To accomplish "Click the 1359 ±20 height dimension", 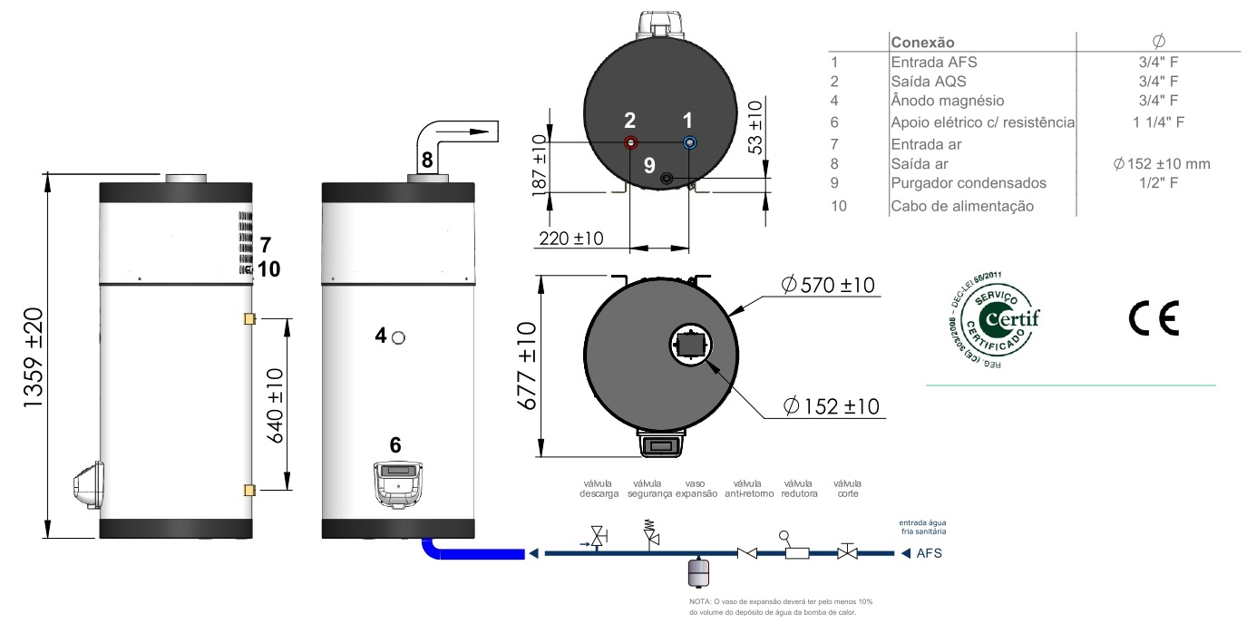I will point(34,357).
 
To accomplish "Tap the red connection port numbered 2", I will point(631,142).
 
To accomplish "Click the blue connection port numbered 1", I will point(689,142).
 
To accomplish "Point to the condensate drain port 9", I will point(667,178).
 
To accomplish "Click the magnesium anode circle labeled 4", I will point(398,337).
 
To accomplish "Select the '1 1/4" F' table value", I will point(1158,122).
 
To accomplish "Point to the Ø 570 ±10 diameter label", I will point(829,286).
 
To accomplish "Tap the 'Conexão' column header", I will point(922,42).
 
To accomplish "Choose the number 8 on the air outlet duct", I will point(427,161).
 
